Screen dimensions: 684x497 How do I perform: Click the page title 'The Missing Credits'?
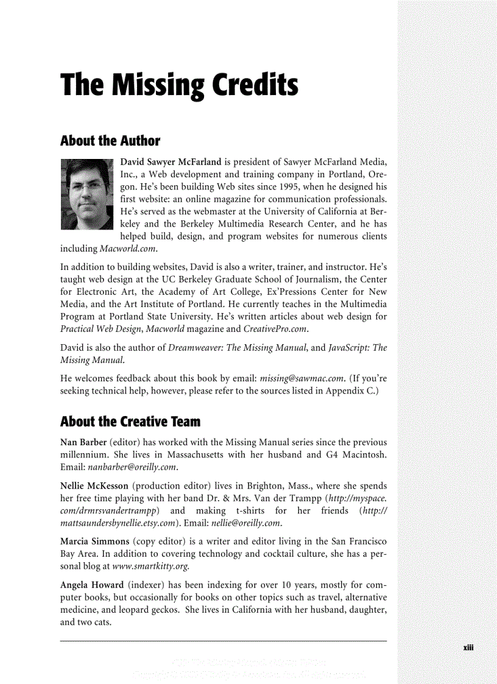pyautogui.click(x=179, y=86)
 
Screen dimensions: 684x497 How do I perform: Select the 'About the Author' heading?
pyautogui.click(x=110, y=141)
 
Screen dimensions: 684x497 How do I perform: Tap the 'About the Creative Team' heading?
pyautogui.click(x=130, y=421)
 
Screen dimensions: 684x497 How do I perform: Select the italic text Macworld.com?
pyautogui.click(x=129, y=249)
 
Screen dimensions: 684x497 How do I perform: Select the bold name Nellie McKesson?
pyautogui.click(x=94, y=486)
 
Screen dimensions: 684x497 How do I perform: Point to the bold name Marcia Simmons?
pyautogui.click(x=94, y=541)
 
